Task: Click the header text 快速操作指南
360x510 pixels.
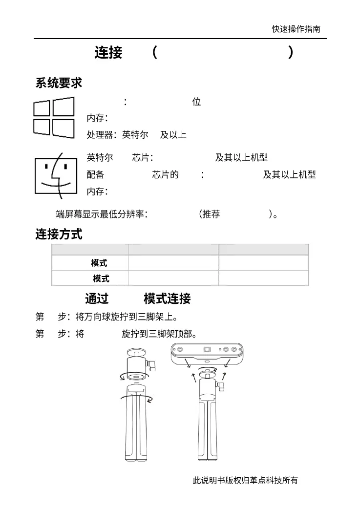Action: tap(296, 29)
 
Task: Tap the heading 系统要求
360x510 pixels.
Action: tap(59, 83)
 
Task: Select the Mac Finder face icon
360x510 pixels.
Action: tap(56, 175)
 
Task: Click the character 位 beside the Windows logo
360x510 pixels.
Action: tap(197, 102)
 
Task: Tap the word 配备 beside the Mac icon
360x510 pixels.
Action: tap(95, 175)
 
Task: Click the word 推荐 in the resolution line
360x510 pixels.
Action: tap(211, 214)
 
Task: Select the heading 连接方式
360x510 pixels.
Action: tap(59, 234)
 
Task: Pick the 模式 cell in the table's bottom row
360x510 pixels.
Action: tap(101, 278)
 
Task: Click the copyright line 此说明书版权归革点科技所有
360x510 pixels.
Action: tap(245, 480)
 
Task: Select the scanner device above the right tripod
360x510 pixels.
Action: tap(207, 353)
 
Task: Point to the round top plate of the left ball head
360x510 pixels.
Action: tap(136, 352)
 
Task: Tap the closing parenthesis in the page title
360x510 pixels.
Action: tap(291, 52)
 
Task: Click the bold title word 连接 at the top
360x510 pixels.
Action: tap(108, 52)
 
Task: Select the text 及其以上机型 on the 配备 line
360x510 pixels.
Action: tap(289, 175)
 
